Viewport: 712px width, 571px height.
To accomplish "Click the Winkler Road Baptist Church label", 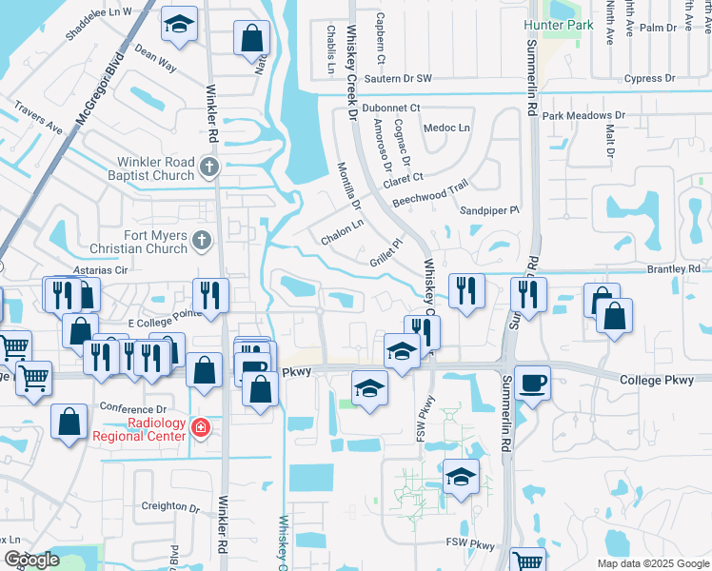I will click(x=155, y=168).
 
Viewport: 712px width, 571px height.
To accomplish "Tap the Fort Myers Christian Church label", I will click(x=141, y=242).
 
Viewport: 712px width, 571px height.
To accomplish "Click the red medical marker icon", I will click(x=200, y=428).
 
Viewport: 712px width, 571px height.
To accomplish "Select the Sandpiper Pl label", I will click(x=489, y=209).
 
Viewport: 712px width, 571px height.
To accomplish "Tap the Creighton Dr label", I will click(x=168, y=508).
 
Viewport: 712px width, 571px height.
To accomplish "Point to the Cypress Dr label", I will click(x=649, y=79).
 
